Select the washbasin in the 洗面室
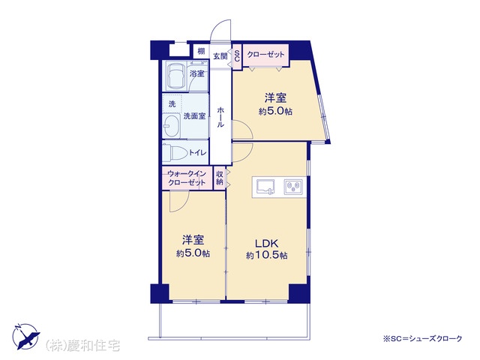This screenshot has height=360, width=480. tap(172, 125)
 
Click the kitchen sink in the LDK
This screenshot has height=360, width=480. tap(265, 187)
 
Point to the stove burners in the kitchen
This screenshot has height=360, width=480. tap(293, 187)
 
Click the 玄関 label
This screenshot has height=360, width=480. tap(220, 56)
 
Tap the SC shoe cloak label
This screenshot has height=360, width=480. tap(237, 56)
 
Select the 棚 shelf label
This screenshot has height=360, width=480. tap(201, 51)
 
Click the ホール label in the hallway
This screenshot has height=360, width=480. tap(220, 117)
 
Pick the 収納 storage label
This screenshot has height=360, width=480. tap(220, 178)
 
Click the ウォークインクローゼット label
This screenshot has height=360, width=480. tap(187, 178)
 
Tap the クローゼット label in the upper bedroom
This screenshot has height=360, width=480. tap(265, 55)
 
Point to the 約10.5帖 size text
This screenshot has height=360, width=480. tap(266, 255)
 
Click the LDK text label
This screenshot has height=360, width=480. tap(267, 244)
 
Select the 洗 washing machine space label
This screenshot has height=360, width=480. tap(172, 103)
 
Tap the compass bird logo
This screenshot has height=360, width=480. tap(27, 337)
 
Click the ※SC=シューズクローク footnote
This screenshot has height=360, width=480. tap(422, 338)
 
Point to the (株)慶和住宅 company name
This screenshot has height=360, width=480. tap(82, 346)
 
